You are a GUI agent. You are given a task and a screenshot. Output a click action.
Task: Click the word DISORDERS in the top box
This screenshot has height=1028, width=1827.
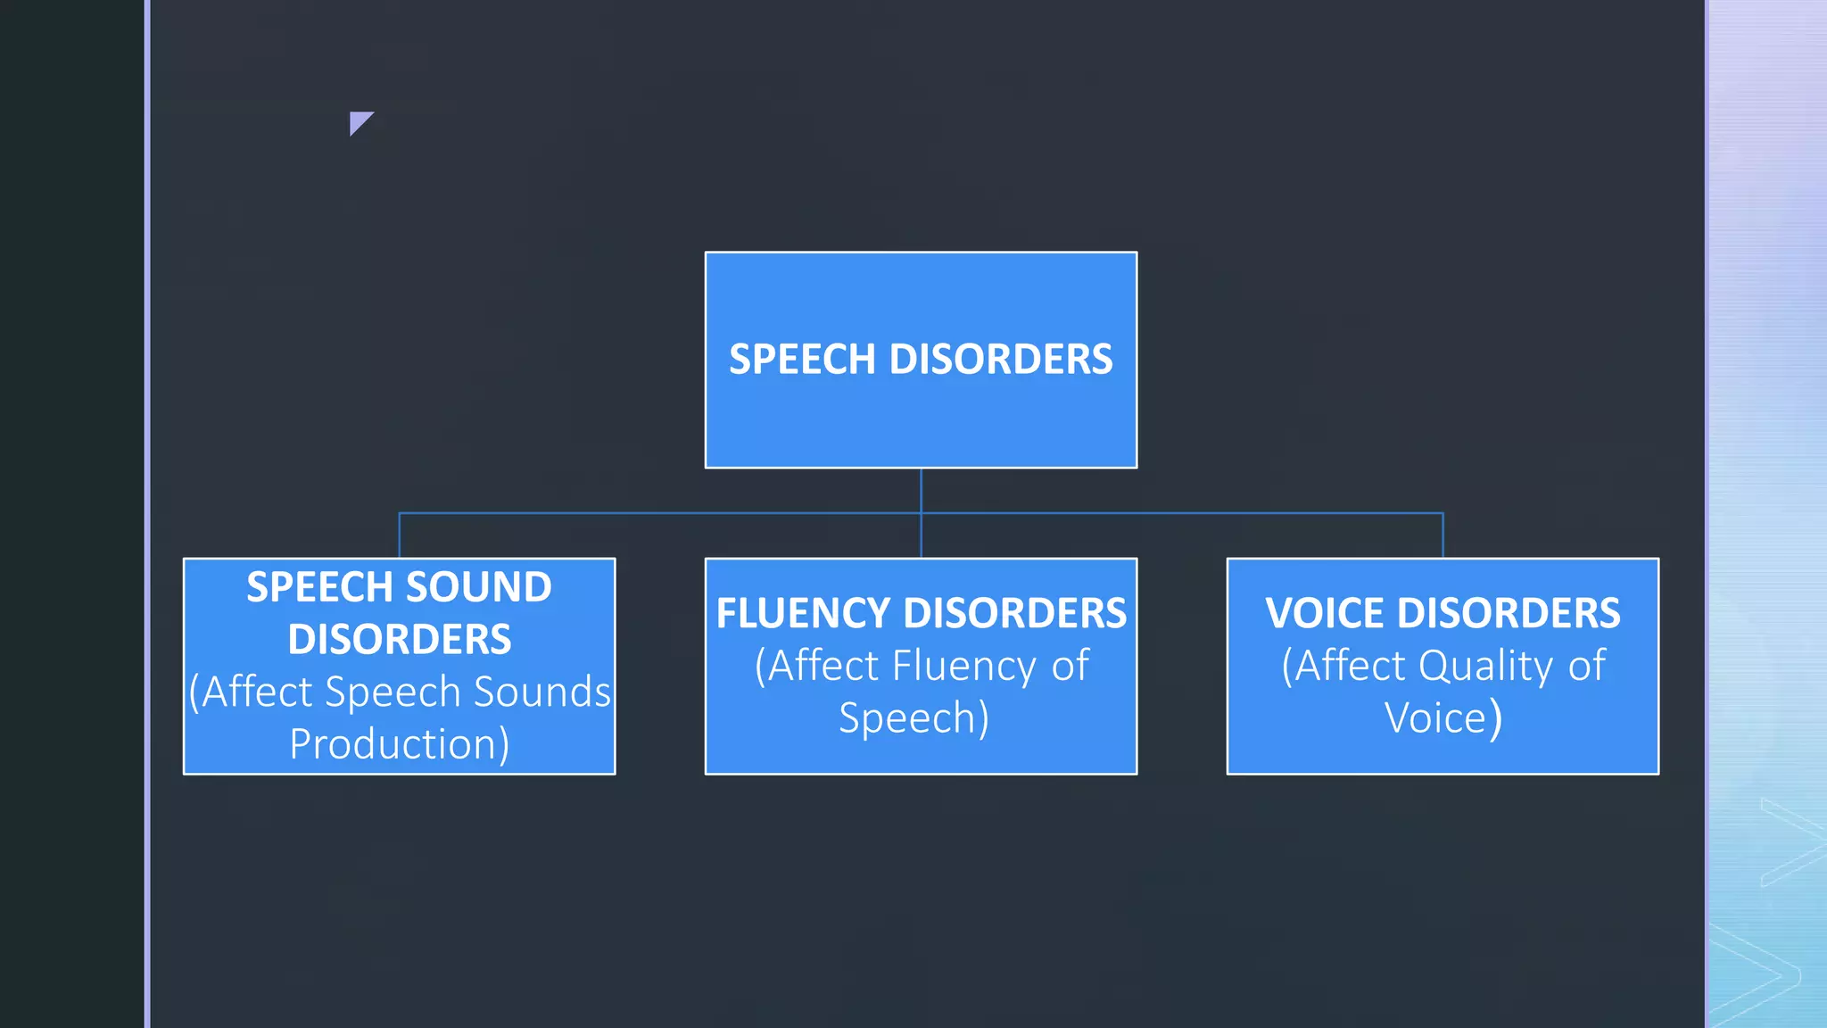(x=1001, y=360)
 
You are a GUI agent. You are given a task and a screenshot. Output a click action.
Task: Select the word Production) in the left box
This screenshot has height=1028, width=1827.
(x=399, y=744)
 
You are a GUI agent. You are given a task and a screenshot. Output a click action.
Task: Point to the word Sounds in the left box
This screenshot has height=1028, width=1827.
(x=541, y=692)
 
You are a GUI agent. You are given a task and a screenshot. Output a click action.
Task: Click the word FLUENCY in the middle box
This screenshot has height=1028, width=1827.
(x=803, y=613)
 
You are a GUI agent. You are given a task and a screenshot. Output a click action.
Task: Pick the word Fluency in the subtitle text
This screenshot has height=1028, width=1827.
(x=963, y=666)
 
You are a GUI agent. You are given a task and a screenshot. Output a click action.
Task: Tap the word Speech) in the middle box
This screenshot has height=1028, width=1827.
(x=914, y=718)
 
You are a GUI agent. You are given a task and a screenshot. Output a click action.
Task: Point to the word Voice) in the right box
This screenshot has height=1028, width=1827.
(x=1443, y=718)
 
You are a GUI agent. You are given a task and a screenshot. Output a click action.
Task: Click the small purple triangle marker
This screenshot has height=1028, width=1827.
(x=359, y=121)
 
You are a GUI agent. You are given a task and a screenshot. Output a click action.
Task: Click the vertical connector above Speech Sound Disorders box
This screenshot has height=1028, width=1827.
(x=399, y=535)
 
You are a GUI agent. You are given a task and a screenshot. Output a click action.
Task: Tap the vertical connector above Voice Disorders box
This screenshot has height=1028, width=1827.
(x=1443, y=535)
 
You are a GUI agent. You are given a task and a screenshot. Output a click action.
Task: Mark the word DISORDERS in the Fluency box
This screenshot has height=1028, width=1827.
(x=1014, y=613)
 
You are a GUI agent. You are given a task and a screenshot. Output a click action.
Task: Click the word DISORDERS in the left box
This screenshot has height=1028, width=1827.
(x=399, y=640)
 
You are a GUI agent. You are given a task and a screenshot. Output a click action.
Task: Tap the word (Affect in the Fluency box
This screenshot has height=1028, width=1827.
(x=816, y=666)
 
